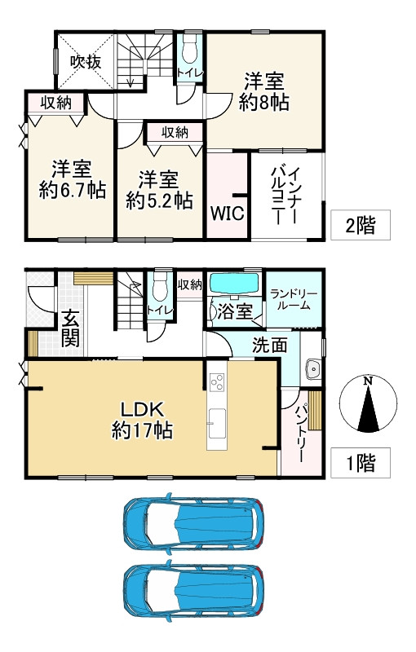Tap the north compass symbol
pos(369,404)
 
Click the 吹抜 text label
pos(83,60)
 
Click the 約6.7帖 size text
pos(72,191)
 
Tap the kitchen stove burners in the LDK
pos(217,381)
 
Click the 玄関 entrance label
pos(69,325)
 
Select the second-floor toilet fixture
pos(189,53)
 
